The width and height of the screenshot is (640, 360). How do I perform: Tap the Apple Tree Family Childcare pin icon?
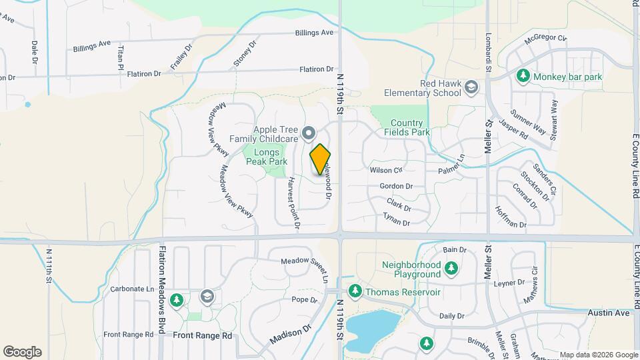pos(308,134)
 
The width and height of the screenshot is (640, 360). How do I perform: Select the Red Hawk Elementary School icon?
pos(471,87)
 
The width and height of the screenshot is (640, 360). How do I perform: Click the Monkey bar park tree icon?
pos(524,77)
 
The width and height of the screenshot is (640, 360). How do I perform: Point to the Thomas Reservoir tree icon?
pos(355,291)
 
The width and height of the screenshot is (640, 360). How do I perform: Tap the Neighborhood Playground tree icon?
pos(451,269)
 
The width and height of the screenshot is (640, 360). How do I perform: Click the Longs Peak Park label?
pos(266,157)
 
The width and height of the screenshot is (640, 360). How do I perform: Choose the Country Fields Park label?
pos(407,127)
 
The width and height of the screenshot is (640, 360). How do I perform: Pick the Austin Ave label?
pos(609,313)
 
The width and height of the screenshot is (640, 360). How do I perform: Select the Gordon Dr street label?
pos(396,187)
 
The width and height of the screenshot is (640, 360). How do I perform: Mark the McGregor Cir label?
pos(545,39)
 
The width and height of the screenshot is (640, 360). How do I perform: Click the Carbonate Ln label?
pos(132,289)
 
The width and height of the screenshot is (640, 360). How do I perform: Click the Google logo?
pos(22,352)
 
